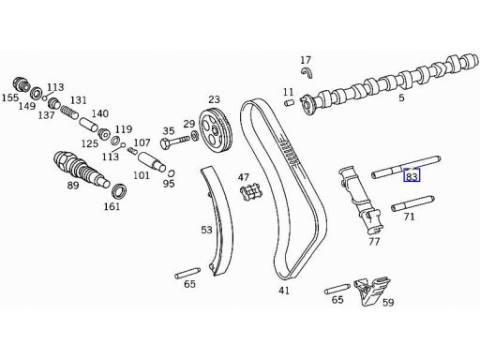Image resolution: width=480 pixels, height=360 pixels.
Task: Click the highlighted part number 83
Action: (x=412, y=176)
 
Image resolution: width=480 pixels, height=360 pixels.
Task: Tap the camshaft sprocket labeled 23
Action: (x=216, y=129)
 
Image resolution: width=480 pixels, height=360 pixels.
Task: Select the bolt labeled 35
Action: (x=175, y=141)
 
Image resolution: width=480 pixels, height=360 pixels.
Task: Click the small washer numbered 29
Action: (x=195, y=136)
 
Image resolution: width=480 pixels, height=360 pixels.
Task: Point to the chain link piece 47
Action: (x=250, y=192)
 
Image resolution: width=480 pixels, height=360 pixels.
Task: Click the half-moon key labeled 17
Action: (x=307, y=72)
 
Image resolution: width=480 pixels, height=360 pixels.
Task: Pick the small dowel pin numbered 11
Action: (x=290, y=102)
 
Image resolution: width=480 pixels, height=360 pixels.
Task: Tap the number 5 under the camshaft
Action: (x=401, y=97)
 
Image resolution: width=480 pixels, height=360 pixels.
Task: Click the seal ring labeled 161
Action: (x=119, y=191)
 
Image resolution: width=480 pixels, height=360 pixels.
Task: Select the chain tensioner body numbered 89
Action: (x=82, y=170)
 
